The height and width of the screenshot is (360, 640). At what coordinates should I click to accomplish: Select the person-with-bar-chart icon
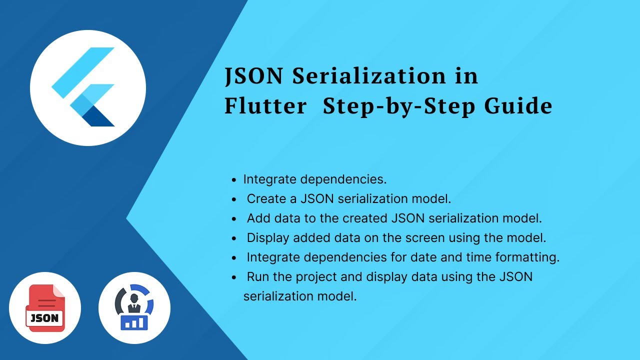click(x=134, y=308)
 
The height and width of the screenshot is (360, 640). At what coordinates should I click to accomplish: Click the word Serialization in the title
click(x=369, y=76)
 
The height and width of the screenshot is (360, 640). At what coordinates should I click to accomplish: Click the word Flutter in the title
click(x=265, y=106)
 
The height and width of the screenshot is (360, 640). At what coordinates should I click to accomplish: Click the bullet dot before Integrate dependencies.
click(x=234, y=179)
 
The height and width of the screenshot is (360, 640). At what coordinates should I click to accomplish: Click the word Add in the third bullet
click(x=258, y=218)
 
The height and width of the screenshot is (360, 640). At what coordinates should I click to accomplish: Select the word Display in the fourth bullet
click(x=268, y=237)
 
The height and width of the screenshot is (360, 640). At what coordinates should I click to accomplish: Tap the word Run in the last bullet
click(x=258, y=276)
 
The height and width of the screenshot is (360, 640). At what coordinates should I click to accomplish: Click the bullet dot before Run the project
click(x=234, y=277)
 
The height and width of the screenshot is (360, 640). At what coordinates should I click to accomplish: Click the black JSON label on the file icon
click(x=45, y=318)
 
